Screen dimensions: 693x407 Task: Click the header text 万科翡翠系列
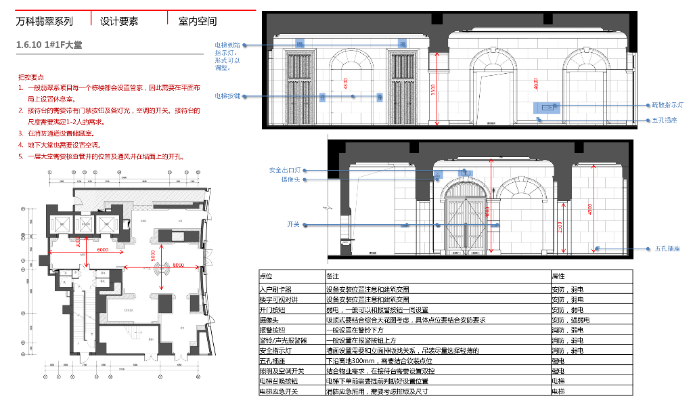(x=44, y=21)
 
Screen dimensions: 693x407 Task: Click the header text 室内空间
(x=198, y=21)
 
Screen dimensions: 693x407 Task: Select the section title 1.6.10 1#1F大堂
(x=49, y=45)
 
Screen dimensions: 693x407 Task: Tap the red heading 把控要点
(x=31, y=77)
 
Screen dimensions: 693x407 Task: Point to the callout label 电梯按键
(x=227, y=96)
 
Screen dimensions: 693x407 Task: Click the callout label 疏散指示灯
(x=667, y=106)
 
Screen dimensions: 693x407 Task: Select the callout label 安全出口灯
(x=284, y=170)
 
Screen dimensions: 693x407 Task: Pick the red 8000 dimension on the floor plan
(x=179, y=265)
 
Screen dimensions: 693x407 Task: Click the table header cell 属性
(x=559, y=276)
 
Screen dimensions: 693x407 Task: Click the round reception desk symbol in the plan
(x=161, y=270)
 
